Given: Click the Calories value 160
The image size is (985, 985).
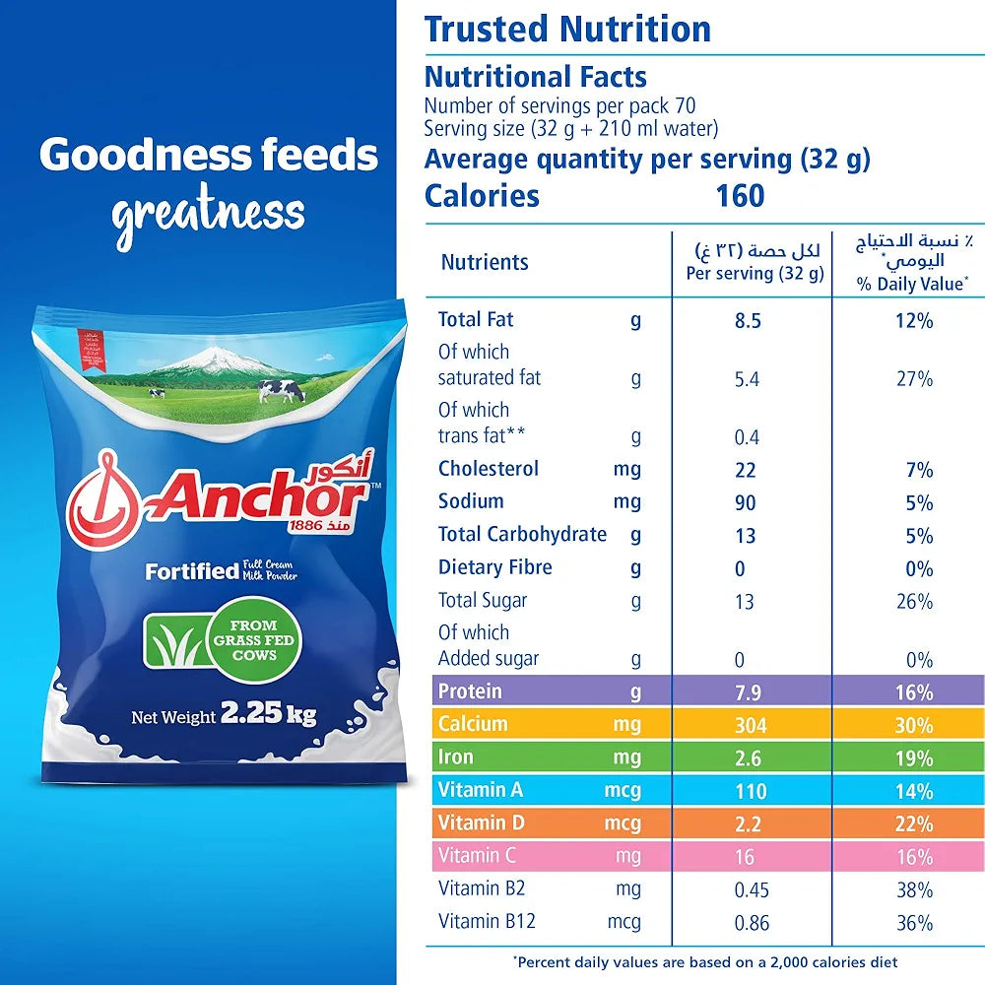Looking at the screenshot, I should (741, 195).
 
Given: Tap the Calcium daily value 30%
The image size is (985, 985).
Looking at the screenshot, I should (914, 726).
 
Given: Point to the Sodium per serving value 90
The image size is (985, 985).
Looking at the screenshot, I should (746, 503).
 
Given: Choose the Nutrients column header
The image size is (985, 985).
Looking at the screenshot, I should (485, 262).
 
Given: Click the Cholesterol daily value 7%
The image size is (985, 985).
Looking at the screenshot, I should (919, 470).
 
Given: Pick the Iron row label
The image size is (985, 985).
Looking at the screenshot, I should (456, 757).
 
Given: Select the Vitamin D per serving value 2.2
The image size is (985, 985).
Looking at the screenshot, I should (746, 823).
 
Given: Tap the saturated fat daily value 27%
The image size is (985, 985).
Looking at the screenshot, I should (914, 378).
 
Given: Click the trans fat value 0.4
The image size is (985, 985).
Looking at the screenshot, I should (746, 437).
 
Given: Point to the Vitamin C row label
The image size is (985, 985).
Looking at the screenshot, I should (477, 855).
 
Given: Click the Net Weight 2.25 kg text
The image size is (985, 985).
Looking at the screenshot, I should (224, 715).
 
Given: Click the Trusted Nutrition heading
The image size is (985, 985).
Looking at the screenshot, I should (567, 29).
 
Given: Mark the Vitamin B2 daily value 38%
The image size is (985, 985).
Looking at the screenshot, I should (914, 889).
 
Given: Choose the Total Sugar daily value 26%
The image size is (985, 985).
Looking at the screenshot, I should (914, 601).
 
